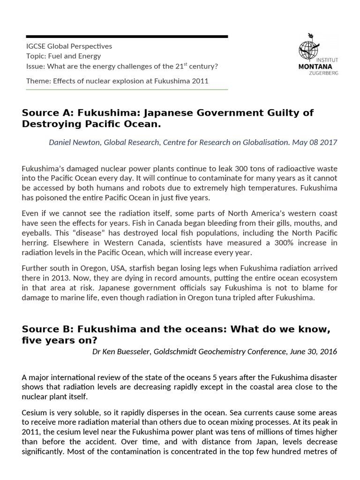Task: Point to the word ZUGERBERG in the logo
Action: point(323,73)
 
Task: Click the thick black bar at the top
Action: point(127,36)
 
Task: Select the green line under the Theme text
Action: point(127,89)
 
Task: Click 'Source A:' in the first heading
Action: point(47,113)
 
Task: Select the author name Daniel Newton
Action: point(74,142)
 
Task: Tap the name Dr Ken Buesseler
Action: point(120,352)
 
